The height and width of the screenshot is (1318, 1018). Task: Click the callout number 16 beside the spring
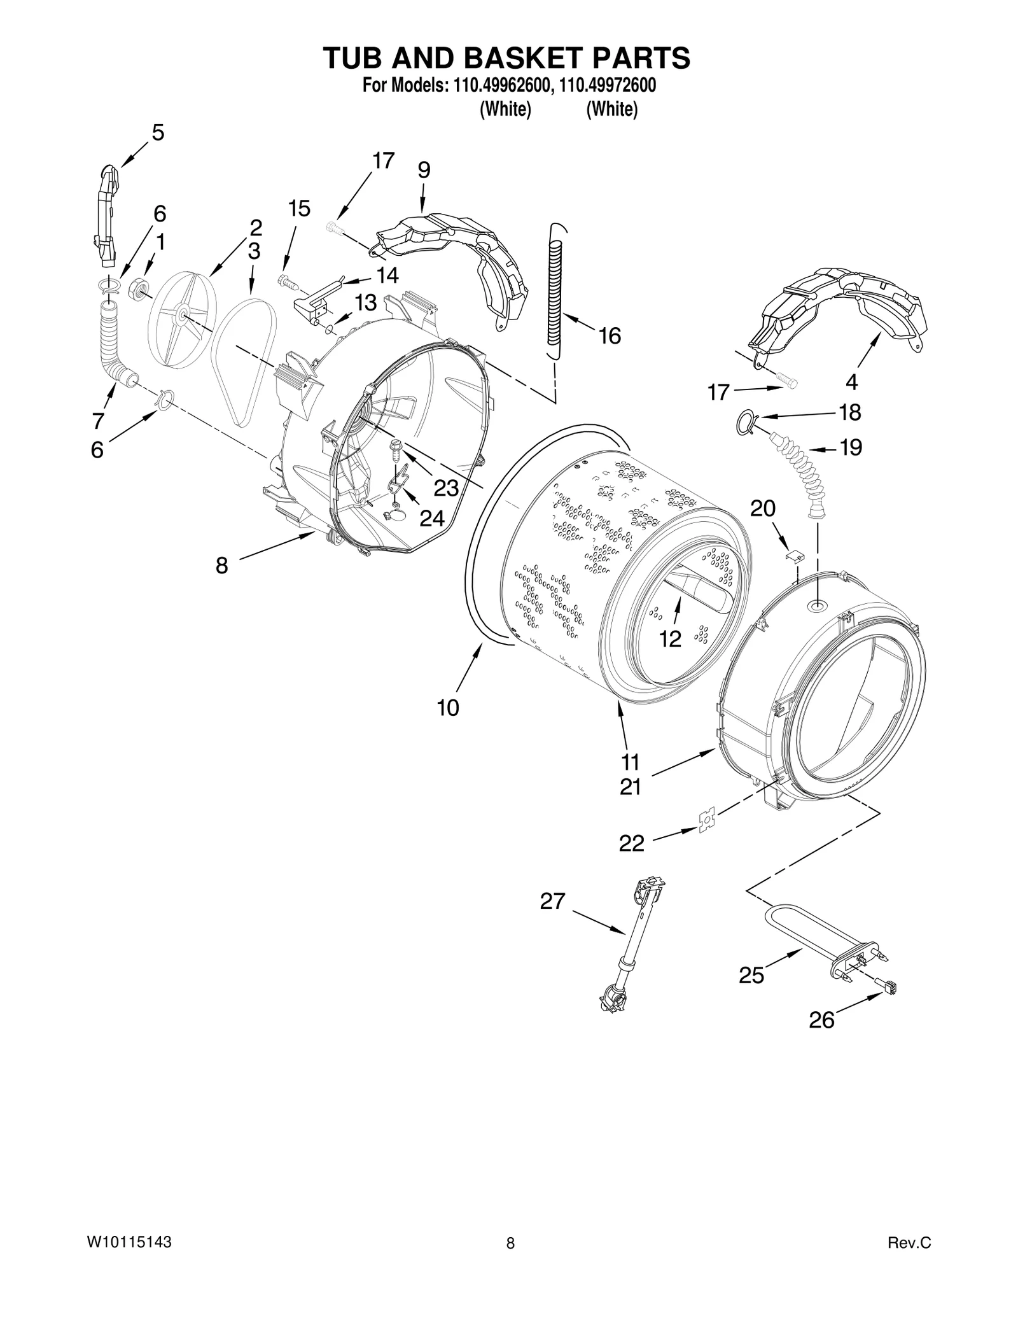(x=610, y=335)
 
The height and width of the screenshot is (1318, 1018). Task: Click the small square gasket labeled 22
(x=706, y=822)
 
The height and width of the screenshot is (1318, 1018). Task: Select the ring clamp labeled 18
(x=746, y=421)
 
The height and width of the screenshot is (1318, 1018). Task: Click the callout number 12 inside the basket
(x=670, y=638)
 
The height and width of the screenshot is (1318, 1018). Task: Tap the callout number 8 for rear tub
(x=221, y=564)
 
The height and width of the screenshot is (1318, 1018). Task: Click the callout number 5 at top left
(x=158, y=132)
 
